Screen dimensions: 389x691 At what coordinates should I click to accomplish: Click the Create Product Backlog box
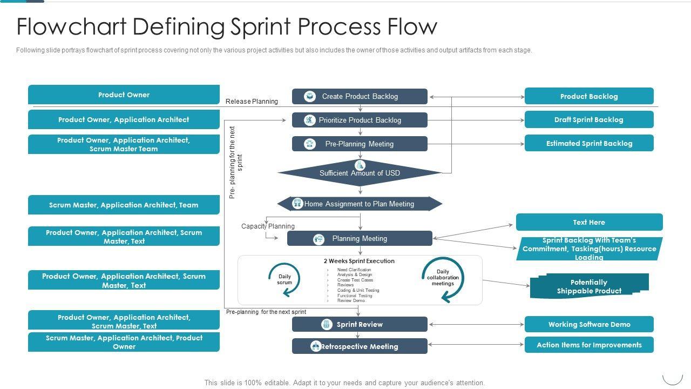pyautogui.click(x=360, y=97)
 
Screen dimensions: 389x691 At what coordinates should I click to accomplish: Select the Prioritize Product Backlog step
pyautogui.click(x=360, y=120)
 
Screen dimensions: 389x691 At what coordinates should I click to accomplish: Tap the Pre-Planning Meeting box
pyautogui.click(x=360, y=144)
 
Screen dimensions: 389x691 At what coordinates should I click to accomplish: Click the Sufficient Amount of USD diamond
pyautogui.click(x=360, y=173)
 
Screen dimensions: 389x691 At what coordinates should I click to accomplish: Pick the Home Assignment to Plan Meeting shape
pyautogui.click(x=360, y=204)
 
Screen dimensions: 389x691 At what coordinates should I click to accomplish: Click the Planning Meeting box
pyautogui.click(x=360, y=238)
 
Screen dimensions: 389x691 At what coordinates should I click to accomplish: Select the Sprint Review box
pyautogui.click(x=360, y=324)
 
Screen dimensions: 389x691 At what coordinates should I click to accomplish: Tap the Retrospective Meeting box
pyautogui.click(x=360, y=346)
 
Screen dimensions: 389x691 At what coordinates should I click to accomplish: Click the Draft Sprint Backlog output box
pyautogui.click(x=589, y=120)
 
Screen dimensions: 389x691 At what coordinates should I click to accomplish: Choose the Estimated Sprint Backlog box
pyautogui.click(x=589, y=143)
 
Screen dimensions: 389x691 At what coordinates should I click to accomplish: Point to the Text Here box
pyautogui.click(x=589, y=222)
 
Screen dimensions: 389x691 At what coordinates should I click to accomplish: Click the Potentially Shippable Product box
pyautogui.click(x=589, y=286)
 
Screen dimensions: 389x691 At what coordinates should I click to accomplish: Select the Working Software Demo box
pyautogui.click(x=589, y=324)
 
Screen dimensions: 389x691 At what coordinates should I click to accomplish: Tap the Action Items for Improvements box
pyautogui.click(x=589, y=345)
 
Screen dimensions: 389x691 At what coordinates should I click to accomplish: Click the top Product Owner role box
pyautogui.click(x=124, y=95)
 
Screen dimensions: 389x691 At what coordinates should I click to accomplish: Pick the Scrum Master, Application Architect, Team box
pyautogui.click(x=124, y=205)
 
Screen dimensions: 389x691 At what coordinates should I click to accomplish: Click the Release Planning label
pyautogui.click(x=252, y=101)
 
